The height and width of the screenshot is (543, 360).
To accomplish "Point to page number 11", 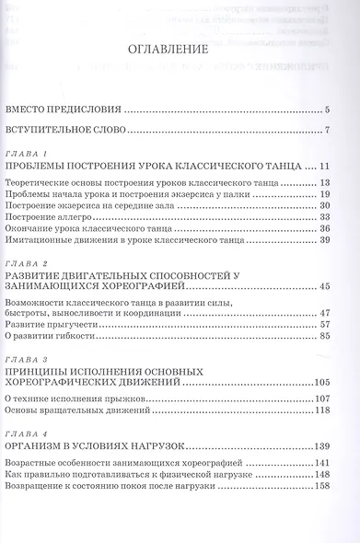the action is click(324, 167).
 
